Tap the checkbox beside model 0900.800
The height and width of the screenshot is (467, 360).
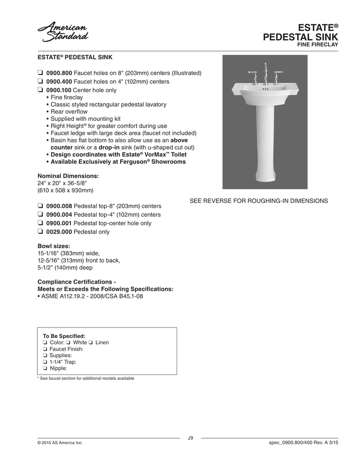click(40, 73)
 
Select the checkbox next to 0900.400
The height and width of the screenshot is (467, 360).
click(40, 82)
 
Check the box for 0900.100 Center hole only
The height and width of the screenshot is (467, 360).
click(40, 90)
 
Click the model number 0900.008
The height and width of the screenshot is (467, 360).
click(59, 206)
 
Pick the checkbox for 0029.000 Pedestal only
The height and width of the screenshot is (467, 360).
click(40, 232)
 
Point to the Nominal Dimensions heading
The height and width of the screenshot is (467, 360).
click(68, 176)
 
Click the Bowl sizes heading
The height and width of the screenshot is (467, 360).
click(53, 246)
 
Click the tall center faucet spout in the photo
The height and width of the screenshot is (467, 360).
click(265, 73)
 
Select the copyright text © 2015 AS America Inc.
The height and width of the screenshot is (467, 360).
click(60, 443)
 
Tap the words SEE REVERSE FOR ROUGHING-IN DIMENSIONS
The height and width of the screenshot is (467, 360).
click(259, 201)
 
